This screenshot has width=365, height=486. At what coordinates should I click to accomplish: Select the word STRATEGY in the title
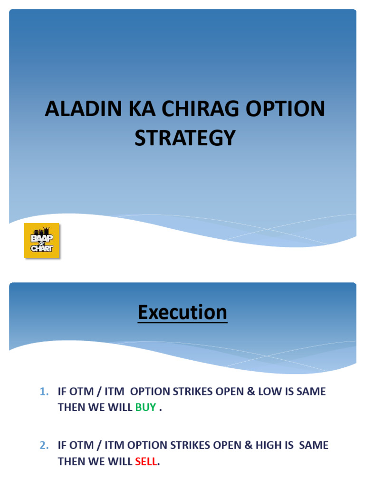(185, 138)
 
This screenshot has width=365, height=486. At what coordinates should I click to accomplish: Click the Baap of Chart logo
(42, 241)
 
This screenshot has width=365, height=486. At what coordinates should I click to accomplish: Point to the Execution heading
(182, 313)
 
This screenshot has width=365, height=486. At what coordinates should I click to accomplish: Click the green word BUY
(145, 408)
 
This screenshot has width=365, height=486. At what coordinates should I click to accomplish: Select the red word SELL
(146, 461)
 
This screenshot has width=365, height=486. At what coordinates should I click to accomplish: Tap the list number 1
(44, 392)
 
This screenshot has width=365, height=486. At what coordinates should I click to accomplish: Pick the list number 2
(44, 446)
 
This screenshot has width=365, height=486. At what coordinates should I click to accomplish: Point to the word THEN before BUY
(71, 408)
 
